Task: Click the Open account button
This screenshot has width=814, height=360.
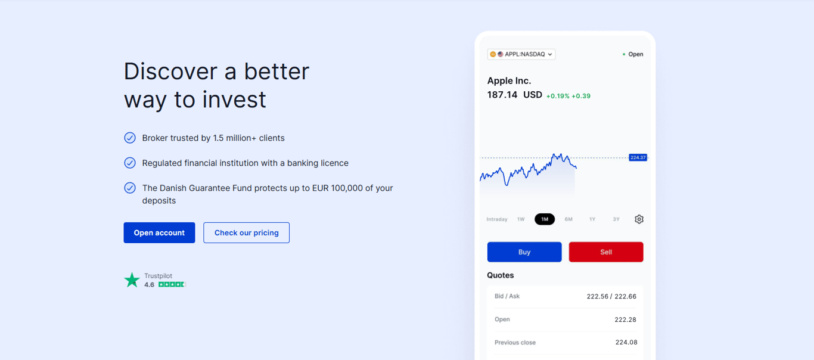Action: click(x=159, y=232)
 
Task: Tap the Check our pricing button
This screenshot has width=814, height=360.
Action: click(x=246, y=232)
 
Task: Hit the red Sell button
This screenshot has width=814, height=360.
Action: click(x=606, y=252)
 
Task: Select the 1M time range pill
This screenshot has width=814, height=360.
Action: click(x=545, y=219)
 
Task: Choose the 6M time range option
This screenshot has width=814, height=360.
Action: click(x=568, y=219)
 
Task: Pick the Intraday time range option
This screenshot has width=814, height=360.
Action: click(x=497, y=219)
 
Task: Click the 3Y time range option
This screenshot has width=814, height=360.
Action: click(x=616, y=219)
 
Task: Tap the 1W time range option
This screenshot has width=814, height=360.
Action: click(x=521, y=219)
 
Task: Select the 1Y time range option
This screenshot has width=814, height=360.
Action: click(x=592, y=219)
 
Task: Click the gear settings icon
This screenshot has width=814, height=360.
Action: click(x=639, y=219)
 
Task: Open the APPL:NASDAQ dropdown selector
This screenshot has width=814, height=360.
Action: click(x=521, y=54)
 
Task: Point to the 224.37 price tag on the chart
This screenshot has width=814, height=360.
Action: click(x=638, y=157)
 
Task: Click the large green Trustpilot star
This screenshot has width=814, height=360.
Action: click(x=132, y=280)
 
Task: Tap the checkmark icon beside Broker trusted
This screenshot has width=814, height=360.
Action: click(x=130, y=138)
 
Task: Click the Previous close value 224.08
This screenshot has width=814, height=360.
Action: click(x=626, y=342)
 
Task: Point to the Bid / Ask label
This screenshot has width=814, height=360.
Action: click(x=507, y=296)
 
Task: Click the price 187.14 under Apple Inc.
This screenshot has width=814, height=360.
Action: click(x=502, y=95)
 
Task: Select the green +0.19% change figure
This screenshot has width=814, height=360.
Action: click(x=558, y=96)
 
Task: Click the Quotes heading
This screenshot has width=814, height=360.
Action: click(x=500, y=275)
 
